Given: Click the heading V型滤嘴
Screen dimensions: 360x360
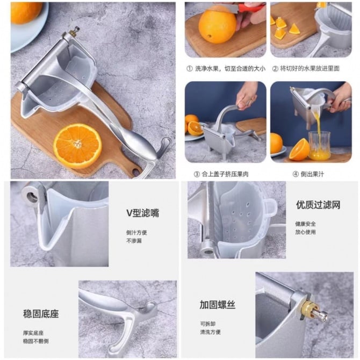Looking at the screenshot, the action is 142,213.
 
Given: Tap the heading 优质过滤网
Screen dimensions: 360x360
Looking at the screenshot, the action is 318,205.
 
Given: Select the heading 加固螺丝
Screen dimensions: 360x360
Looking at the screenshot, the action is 218,305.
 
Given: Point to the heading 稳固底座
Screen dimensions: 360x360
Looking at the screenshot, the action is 41,314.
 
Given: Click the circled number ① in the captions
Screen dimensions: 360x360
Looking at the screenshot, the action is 190,68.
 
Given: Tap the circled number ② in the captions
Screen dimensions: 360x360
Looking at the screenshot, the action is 275,68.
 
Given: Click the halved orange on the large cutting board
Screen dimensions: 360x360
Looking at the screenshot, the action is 77,146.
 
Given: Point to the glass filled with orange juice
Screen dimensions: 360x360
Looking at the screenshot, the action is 319,146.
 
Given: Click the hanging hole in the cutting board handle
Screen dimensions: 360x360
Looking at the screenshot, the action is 135,171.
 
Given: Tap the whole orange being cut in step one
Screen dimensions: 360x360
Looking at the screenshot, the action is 217,25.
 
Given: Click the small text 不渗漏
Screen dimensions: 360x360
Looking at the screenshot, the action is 134,241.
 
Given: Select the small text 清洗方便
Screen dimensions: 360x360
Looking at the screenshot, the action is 210,332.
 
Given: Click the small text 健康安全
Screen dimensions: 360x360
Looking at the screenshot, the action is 305,224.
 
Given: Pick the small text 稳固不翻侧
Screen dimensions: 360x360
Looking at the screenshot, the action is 36,341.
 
